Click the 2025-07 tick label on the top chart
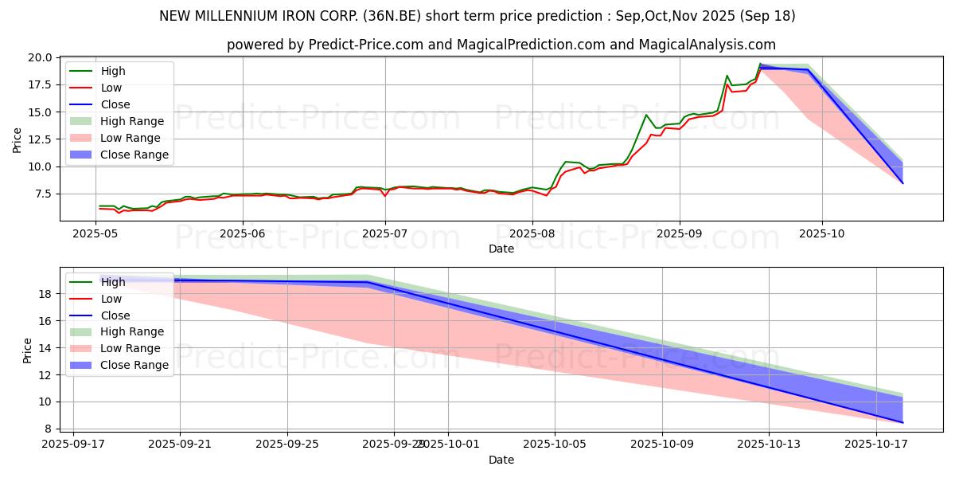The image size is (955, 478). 384,234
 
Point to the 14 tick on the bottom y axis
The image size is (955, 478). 46,348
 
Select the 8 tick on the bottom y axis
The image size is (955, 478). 49,429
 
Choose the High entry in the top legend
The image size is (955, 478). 113,71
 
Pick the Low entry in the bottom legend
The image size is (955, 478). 111,299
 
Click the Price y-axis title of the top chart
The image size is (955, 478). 18,139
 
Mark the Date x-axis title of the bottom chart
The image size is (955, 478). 501,460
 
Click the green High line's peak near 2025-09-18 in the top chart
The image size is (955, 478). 760,64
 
